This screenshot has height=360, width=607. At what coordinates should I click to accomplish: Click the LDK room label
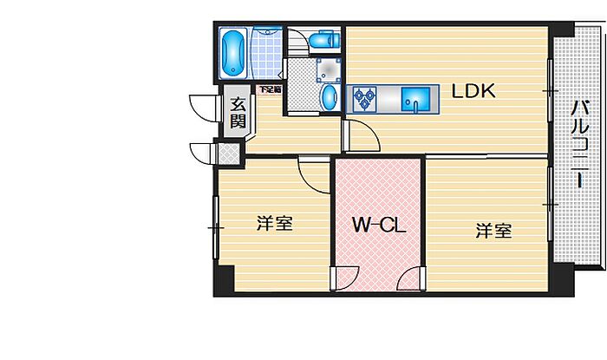pyautogui.click(x=472, y=91)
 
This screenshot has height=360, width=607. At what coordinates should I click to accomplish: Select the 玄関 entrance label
pyautogui.click(x=238, y=114)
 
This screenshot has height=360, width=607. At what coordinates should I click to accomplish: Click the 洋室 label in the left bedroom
pyautogui.click(x=273, y=224)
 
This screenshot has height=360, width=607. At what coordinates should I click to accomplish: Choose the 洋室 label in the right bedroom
pyautogui.click(x=493, y=232)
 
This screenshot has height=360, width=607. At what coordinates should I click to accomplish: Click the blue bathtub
pyautogui.click(x=232, y=53)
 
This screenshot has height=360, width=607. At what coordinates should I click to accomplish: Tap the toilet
pyautogui.click(x=323, y=40)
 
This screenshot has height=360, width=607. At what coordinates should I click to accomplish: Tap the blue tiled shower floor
pyautogui.click(x=267, y=54)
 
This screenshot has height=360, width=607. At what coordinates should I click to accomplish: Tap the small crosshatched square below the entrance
pyautogui.click(x=229, y=153)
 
